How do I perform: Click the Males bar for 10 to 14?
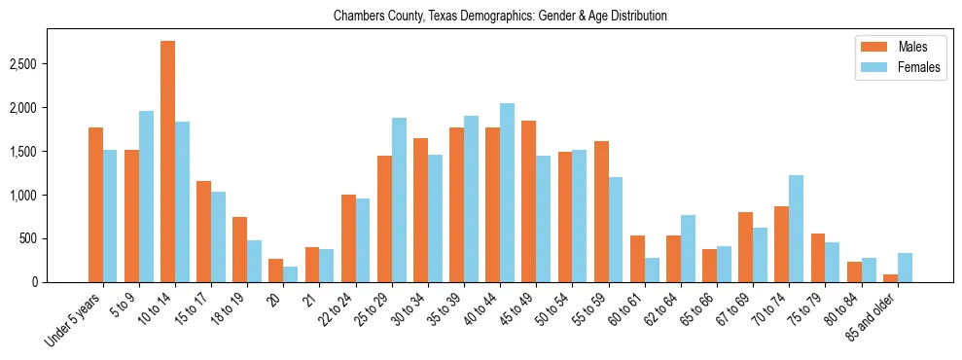(x=167, y=162)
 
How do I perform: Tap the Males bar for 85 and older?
(x=890, y=278)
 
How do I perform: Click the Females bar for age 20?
(x=290, y=274)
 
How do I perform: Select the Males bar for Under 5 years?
(x=95, y=204)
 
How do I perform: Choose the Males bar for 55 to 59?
(x=601, y=211)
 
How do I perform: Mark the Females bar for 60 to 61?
(x=652, y=270)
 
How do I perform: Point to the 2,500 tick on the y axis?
(x=24, y=64)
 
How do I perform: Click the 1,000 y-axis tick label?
(x=24, y=195)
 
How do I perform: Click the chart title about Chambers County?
(x=500, y=17)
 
